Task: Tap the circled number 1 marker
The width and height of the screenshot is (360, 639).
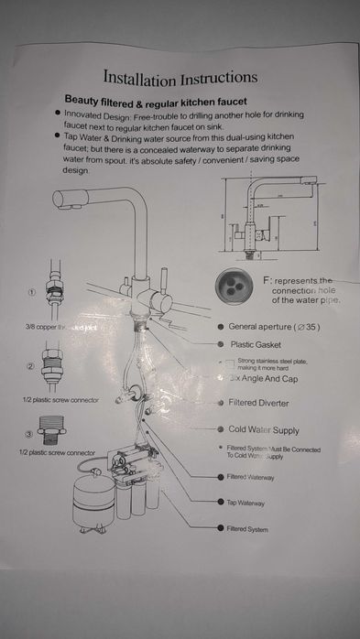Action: click(x=30, y=292)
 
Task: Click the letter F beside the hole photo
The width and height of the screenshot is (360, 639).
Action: click(x=267, y=278)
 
